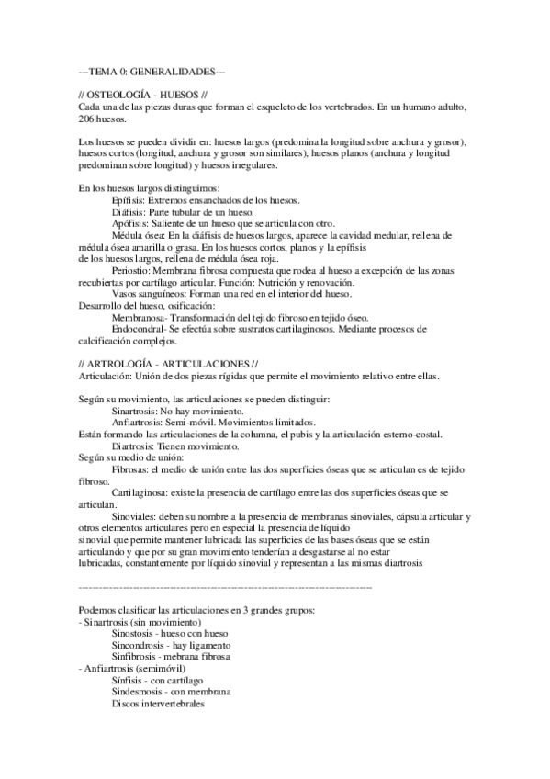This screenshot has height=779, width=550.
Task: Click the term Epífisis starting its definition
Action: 127,200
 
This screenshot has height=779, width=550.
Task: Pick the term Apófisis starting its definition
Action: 128,224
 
